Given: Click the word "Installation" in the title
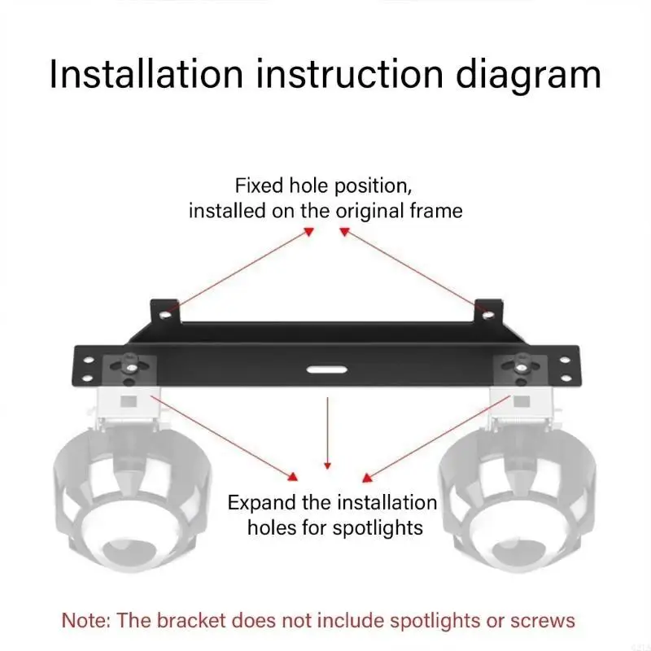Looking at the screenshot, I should (146, 74).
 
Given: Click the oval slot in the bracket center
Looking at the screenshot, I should (325, 369).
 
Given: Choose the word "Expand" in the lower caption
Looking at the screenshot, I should (259, 502).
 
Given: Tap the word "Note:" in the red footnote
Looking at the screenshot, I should (87, 621).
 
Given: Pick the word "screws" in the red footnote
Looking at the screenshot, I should (544, 621).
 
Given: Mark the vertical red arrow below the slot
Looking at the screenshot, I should (327, 431).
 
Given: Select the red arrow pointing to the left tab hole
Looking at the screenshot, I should (244, 269).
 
